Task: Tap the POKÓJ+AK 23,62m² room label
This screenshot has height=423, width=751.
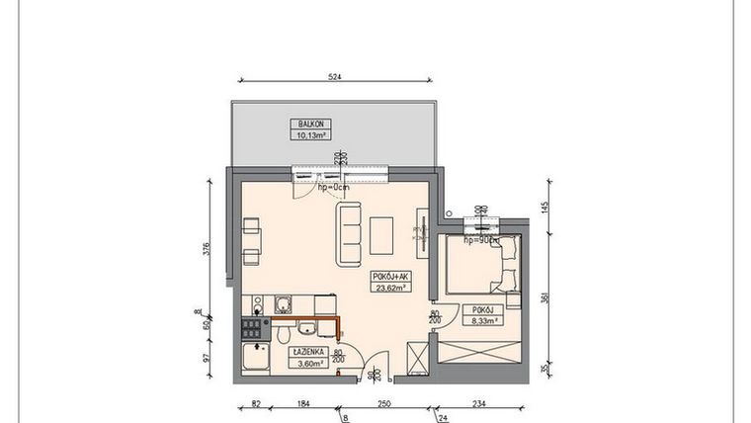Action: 391,282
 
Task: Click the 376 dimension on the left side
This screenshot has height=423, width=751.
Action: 208,248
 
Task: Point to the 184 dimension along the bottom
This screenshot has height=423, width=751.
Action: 301,404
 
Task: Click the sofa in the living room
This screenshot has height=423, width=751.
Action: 349,234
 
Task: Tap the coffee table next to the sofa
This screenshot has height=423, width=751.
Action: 382,234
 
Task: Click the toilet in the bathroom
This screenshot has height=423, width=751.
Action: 307,330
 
